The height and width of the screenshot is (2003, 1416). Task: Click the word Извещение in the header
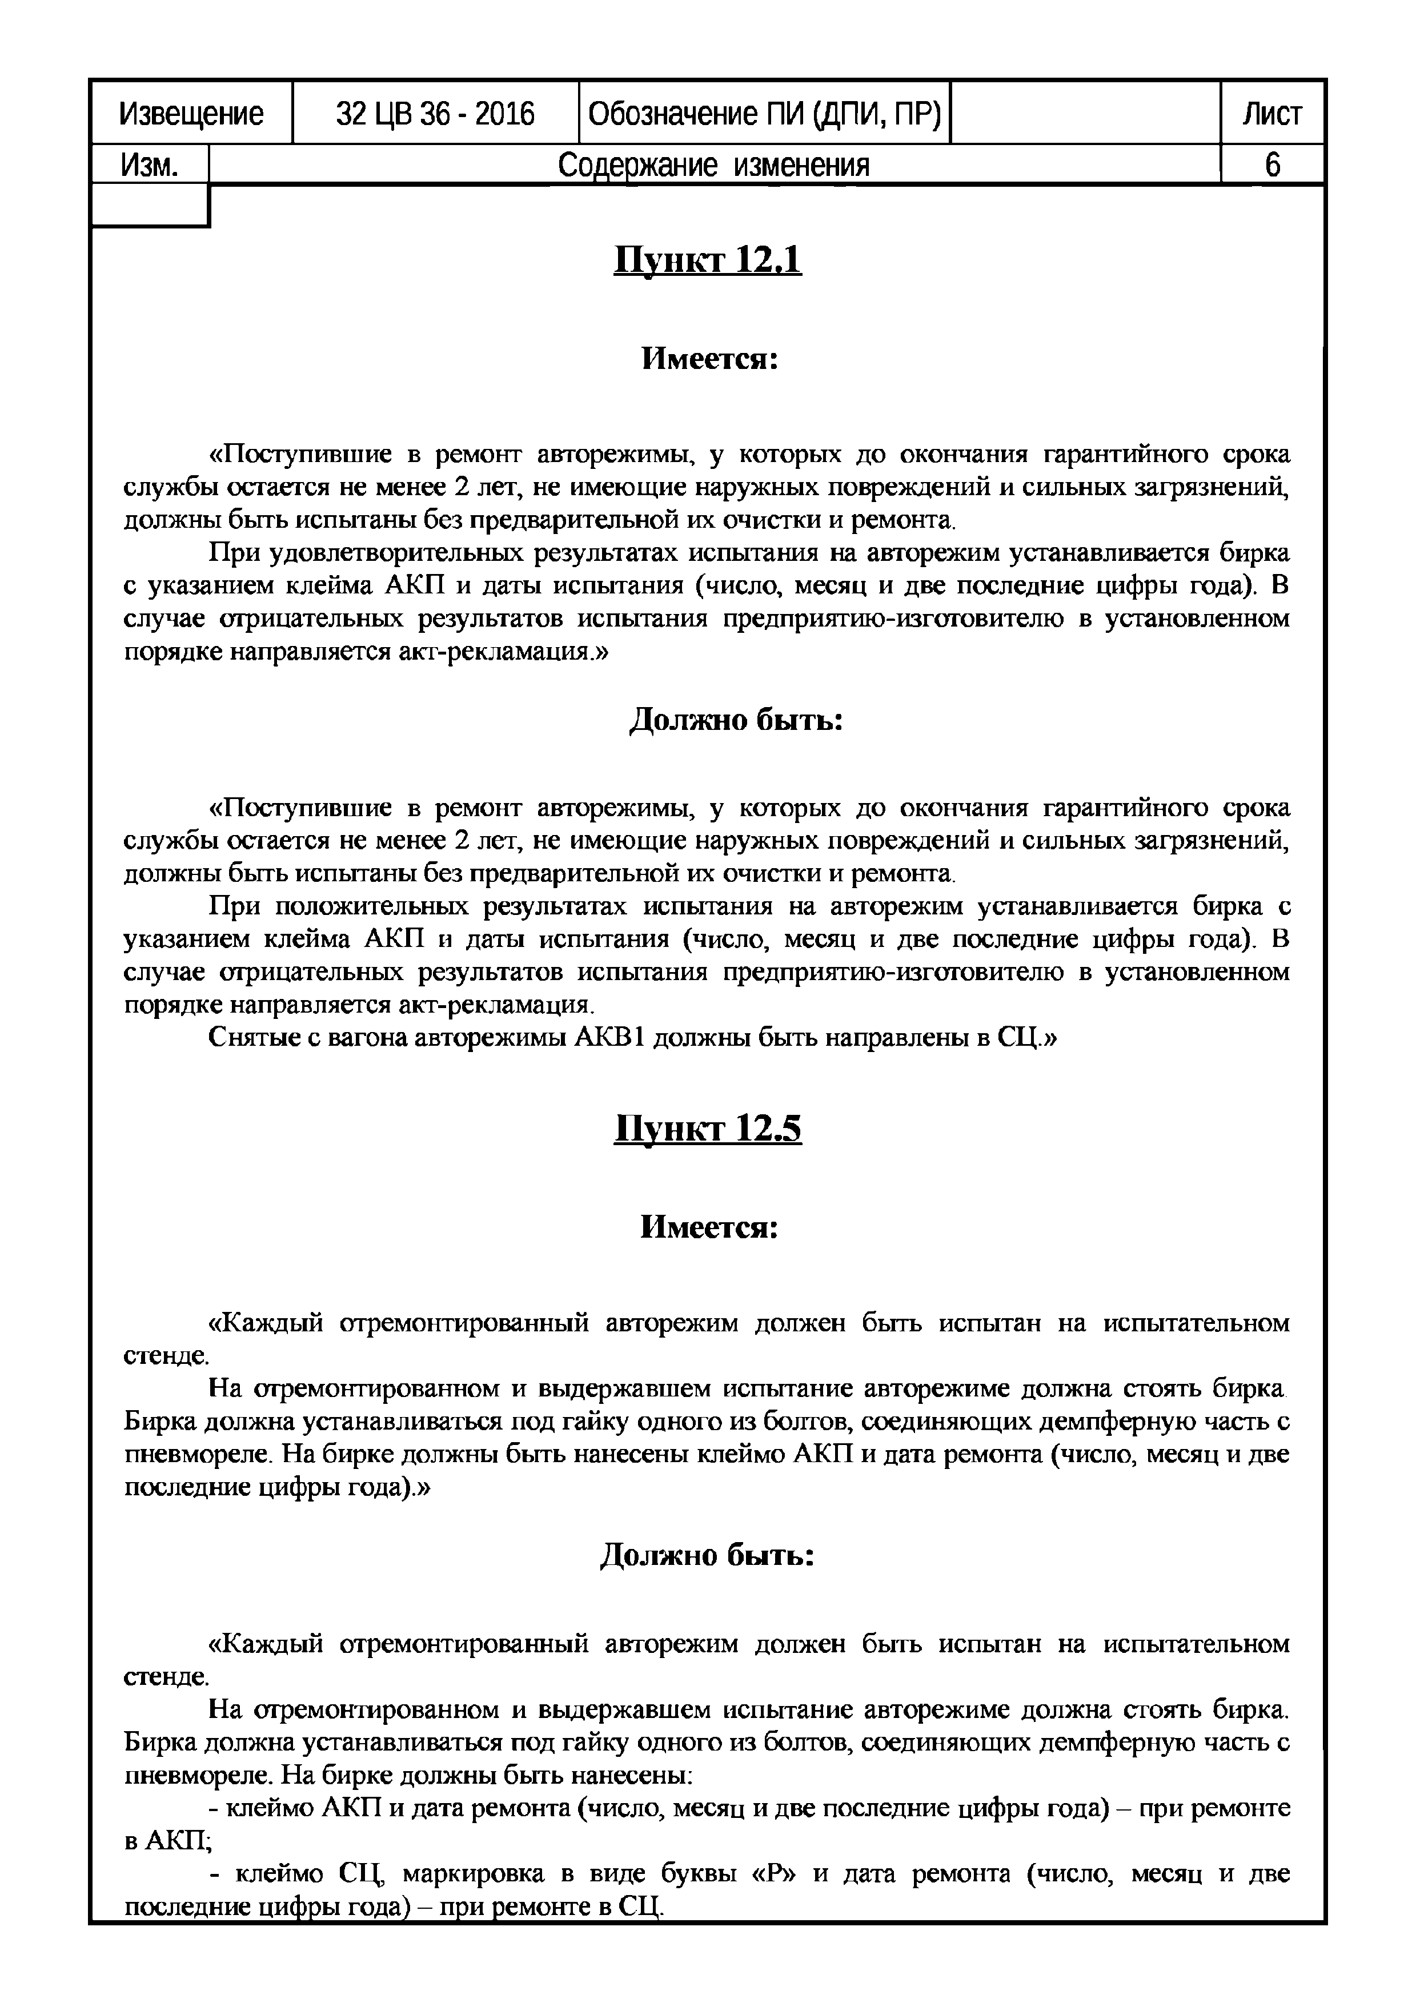(191, 114)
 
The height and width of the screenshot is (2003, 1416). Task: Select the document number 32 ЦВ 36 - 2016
(435, 114)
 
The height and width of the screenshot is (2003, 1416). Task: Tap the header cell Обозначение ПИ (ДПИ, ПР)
(764, 114)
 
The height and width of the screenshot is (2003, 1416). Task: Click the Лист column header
(1272, 114)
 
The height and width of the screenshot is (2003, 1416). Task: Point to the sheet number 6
(1272, 165)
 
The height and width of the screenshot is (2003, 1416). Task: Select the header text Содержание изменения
(713, 165)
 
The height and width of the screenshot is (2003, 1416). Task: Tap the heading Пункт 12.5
(708, 1129)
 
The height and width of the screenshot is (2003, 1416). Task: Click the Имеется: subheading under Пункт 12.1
(709, 359)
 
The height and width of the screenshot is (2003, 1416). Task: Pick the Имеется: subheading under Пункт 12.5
(709, 1227)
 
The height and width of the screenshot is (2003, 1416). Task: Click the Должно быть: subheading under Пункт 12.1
(736, 721)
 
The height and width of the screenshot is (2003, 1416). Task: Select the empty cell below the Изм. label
(150, 206)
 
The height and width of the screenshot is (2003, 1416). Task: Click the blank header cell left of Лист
(1085, 114)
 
